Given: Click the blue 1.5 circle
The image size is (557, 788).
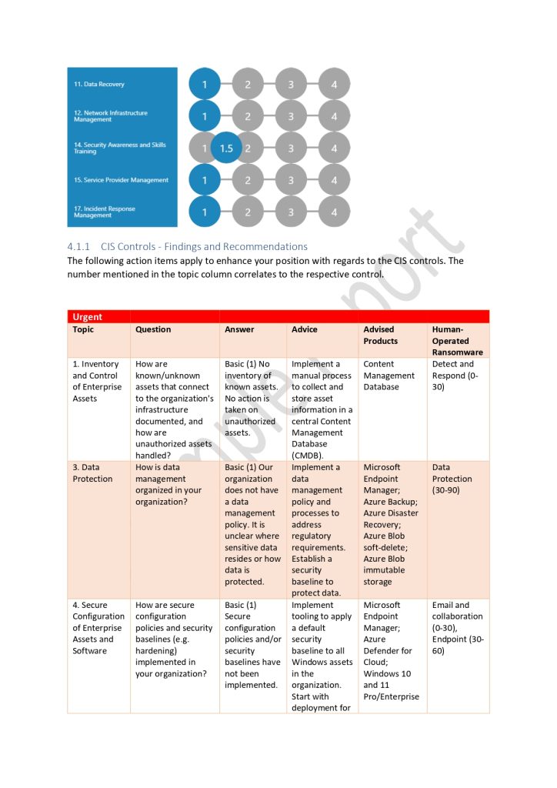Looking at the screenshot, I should pyautogui.click(x=226, y=149).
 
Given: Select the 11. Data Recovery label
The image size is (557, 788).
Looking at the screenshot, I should pyautogui.click(x=99, y=84).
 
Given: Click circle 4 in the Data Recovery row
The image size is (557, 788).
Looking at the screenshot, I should pyautogui.click(x=334, y=84).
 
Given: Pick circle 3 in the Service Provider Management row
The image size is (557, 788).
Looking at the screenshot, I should pyautogui.click(x=291, y=180).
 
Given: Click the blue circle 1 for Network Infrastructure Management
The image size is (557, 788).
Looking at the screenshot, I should pyautogui.click(x=205, y=116).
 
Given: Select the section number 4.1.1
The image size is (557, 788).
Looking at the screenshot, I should pyautogui.click(x=79, y=246).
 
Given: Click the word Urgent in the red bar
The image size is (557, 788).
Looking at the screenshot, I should pyautogui.click(x=87, y=316).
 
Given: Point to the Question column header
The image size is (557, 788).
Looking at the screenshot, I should pyautogui.click(x=153, y=329).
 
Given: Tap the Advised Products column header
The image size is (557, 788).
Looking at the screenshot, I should pyautogui.click(x=380, y=335).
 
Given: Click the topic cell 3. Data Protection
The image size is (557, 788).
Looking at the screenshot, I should pyautogui.click(x=92, y=472).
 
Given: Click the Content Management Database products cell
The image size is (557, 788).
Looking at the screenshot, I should pyautogui.click(x=389, y=376).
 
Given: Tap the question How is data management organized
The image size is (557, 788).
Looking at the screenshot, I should pyautogui.click(x=168, y=484).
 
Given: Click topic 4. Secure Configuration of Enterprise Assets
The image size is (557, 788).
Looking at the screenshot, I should pyautogui.click(x=98, y=627).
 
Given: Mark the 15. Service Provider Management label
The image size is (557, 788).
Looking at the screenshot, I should pyautogui.click(x=121, y=180).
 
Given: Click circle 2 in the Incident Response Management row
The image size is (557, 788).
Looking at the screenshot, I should pyautogui.click(x=248, y=212).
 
